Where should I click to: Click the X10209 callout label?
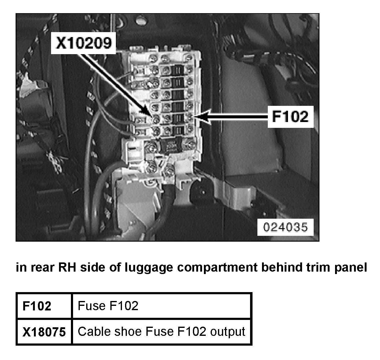tap(83, 43)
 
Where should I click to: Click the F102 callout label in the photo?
tap(290, 116)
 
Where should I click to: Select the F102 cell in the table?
tap(37, 306)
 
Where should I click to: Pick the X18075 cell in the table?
tap(44, 332)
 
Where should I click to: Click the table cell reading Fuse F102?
tap(108, 306)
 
